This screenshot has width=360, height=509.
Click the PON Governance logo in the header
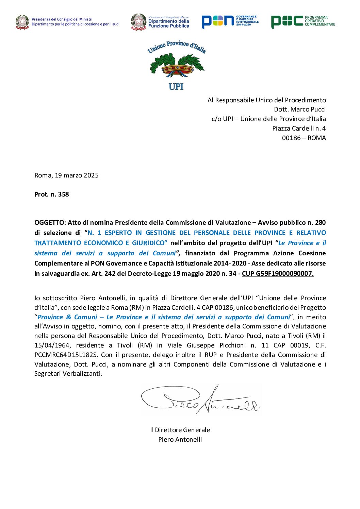(230, 21)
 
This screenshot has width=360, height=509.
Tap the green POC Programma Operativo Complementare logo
(303, 21)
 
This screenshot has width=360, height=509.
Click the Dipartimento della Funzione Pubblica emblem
(139, 22)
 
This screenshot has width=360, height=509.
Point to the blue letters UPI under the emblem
(176, 87)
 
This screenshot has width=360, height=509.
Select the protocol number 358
(64, 194)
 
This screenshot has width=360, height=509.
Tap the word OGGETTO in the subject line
(50, 223)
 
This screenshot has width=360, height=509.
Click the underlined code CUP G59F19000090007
(278, 274)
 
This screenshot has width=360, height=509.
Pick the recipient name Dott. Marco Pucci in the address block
(300, 109)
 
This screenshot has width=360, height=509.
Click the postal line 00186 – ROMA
(304, 138)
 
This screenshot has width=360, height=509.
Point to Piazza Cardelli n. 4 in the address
(299, 129)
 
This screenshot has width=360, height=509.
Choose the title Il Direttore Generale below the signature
(180, 430)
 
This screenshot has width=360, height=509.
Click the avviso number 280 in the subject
(320, 223)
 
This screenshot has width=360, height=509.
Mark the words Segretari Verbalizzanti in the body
(68, 374)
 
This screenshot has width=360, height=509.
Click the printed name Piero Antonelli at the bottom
(180, 440)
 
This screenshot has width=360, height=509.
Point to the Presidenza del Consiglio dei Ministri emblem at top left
(22, 22)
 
